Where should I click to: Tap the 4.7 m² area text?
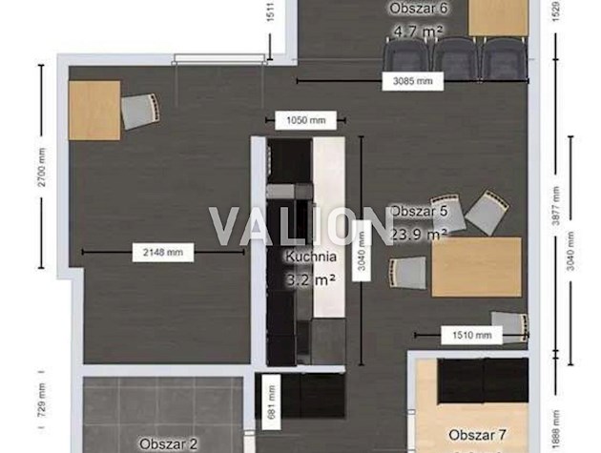click(x=418, y=31)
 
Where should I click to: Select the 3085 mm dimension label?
click(x=412, y=82)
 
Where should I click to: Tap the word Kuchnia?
click(x=310, y=257)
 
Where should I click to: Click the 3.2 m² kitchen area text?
click(x=310, y=279)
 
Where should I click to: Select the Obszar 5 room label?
click(x=418, y=211)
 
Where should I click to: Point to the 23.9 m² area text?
click(x=418, y=233)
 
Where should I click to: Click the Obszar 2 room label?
click(x=168, y=443)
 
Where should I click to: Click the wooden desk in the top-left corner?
click(x=94, y=110)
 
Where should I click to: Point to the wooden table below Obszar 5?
click(x=476, y=267)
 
